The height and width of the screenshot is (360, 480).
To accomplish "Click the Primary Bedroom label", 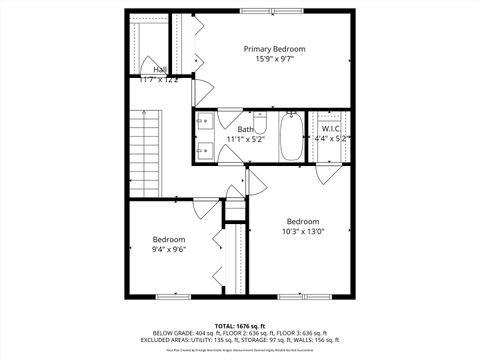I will tap(275, 48).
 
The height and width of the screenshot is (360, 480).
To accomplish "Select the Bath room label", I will tap(245, 129).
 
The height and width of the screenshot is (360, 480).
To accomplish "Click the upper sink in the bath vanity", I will tap(205, 123).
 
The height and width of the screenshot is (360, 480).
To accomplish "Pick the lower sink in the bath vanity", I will tap(205, 152).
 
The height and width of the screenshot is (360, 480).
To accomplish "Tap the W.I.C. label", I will tap(331, 129).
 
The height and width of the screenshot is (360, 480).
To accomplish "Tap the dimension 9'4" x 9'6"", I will tap(168, 249).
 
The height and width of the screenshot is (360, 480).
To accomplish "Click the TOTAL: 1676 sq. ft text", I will tap(240, 325).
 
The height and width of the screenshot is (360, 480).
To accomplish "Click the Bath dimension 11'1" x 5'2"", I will tap(245, 139).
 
